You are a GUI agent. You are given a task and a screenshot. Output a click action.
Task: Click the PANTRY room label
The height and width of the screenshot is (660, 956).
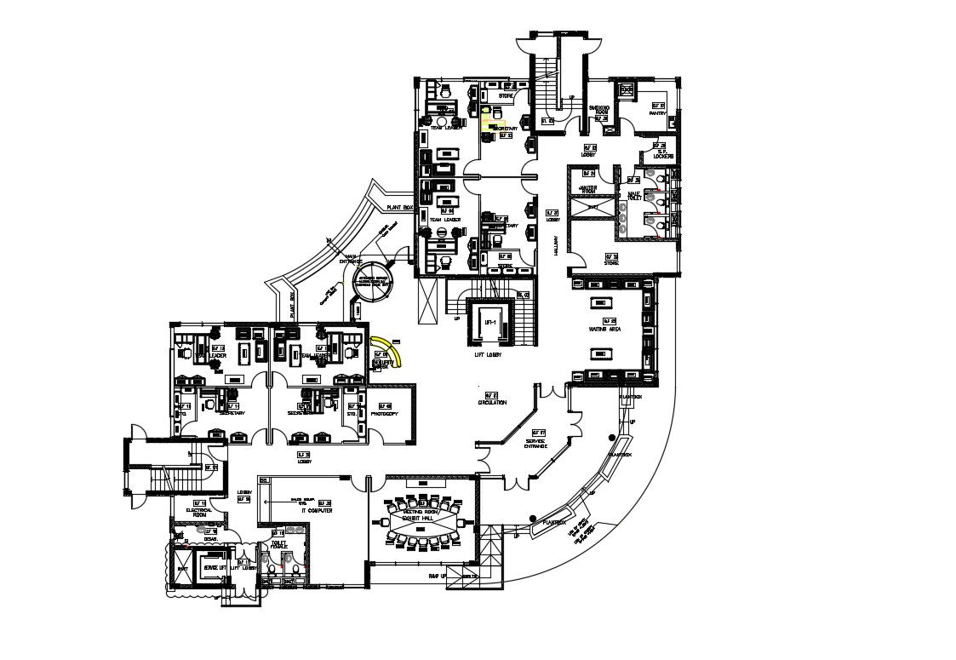pyautogui.click(x=657, y=112)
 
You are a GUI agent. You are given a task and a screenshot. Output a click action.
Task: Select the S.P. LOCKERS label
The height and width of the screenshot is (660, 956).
pyautogui.click(x=664, y=157)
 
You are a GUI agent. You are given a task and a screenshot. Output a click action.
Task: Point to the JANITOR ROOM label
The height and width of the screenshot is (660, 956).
pyautogui.click(x=587, y=190)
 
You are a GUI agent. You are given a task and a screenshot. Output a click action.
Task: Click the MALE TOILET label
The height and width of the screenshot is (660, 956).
pyautogui.click(x=633, y=197)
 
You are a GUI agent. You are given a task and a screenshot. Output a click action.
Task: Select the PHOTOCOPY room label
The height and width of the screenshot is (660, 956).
pyautogui.click(x=386, y=415)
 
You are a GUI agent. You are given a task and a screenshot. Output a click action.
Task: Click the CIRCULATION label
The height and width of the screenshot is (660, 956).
pyautogui.click(x=492, y=403)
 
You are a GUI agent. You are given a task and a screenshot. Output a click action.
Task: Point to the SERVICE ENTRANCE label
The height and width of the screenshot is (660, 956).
pyautogui.click(x=536, y=444)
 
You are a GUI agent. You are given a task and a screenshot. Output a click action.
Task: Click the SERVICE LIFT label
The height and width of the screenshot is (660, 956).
pyautogui.click(x=216, y=567)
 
